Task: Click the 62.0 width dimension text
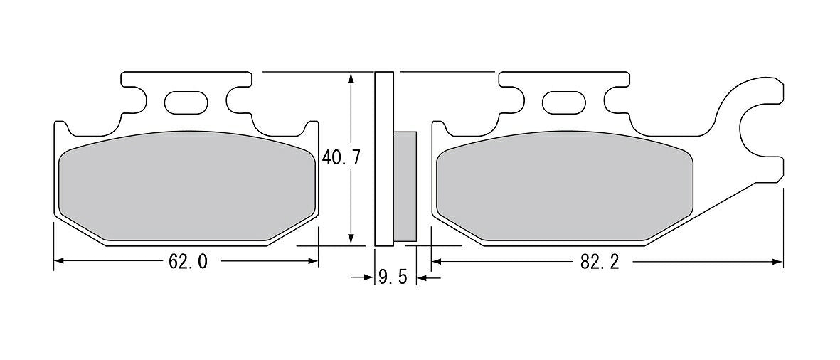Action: pos(188,261)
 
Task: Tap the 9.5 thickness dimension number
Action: pos(393,277)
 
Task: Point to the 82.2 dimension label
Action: pos(600,261)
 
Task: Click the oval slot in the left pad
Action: pos(186,102)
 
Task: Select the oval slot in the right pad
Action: pos(564,102)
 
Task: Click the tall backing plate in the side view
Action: pos(383,159)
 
